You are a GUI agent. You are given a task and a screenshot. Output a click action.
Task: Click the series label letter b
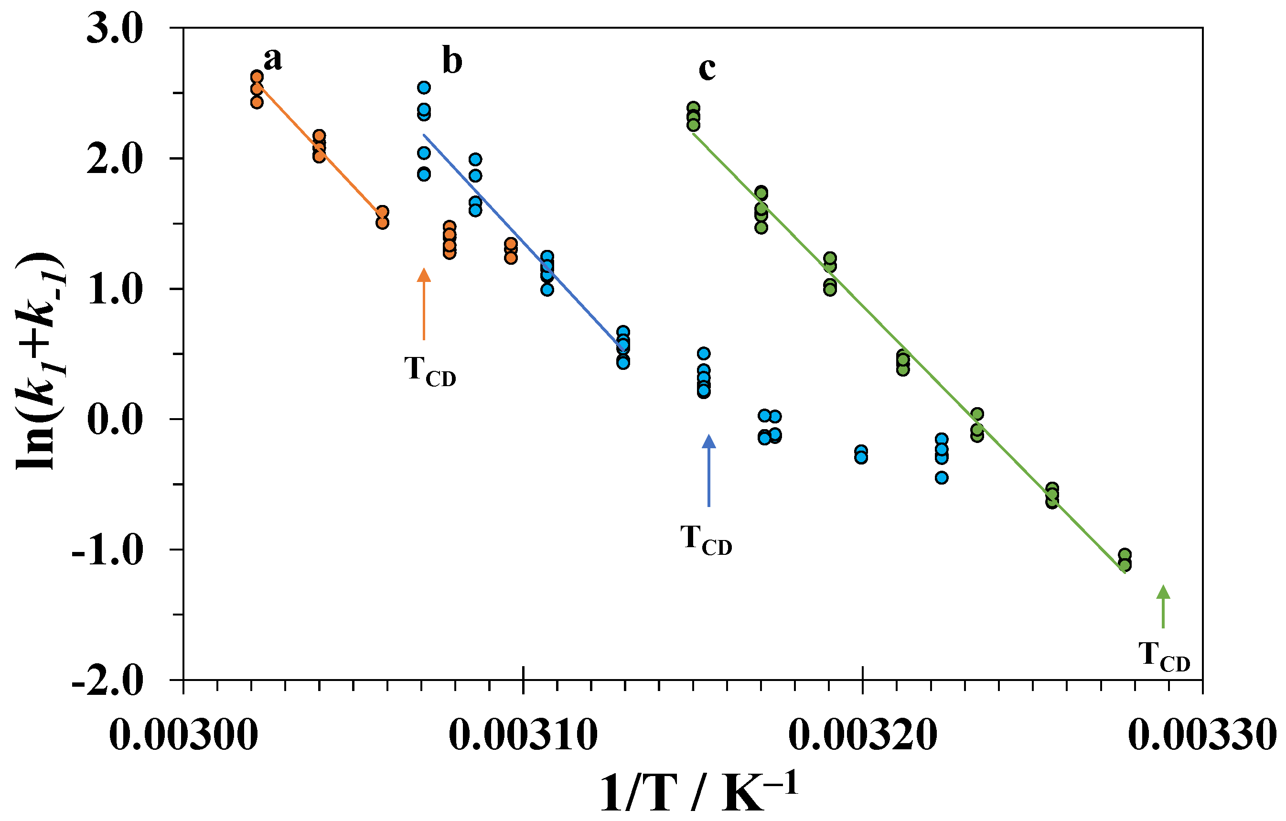tap(452, 62)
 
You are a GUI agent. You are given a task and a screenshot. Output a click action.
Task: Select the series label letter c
tap(707, 69)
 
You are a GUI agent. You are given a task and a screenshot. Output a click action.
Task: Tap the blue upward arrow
tap(709, 470)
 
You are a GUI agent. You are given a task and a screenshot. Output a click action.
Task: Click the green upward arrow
tap(1163, 606)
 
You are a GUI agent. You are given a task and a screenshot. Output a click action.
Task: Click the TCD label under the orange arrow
tap(430, 371)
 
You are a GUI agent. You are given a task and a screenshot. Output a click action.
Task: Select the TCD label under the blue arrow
tap(706, 540)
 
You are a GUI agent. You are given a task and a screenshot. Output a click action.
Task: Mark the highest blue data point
tap(424, 87)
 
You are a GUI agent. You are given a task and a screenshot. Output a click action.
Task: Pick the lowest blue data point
tap(942, 477)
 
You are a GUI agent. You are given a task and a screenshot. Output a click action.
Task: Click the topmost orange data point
tap(257, 76)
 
